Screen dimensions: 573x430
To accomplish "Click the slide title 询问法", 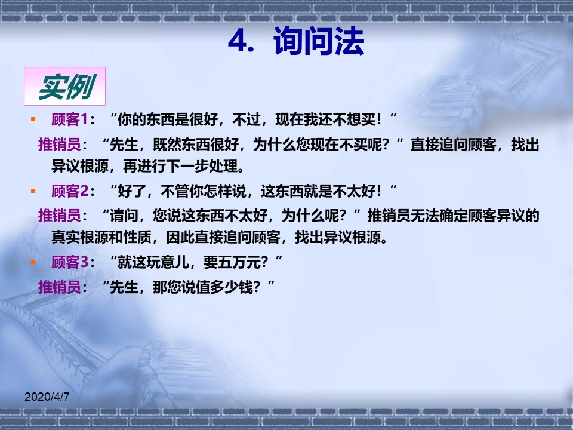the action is (x=319, y=41).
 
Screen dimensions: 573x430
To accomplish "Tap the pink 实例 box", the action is (x=64, y=86).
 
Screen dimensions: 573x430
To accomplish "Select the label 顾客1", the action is (x=69, y=119).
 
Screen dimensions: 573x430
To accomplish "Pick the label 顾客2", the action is (x=70, y=191).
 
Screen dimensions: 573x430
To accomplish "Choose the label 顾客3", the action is (x=70, y=262).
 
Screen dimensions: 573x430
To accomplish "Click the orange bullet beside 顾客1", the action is (x=33, y=119).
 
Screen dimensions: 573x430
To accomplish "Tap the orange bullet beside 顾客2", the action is (x=33, y=191).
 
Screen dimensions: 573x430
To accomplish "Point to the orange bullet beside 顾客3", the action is (x=33, y=262).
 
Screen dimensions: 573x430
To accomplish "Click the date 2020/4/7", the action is (x=47, y=397).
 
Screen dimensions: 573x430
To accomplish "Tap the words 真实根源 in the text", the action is (x=80, y=237).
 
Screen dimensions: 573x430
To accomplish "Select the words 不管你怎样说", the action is (x=204, y=191).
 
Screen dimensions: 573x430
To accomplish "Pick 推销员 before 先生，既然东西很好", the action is (x=60, y=145).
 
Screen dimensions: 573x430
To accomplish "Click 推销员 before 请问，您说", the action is (x=60, y=216).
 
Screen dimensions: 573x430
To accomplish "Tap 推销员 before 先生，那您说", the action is (x=60, y=287).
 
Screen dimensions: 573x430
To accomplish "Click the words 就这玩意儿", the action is (x=153, y=262).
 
